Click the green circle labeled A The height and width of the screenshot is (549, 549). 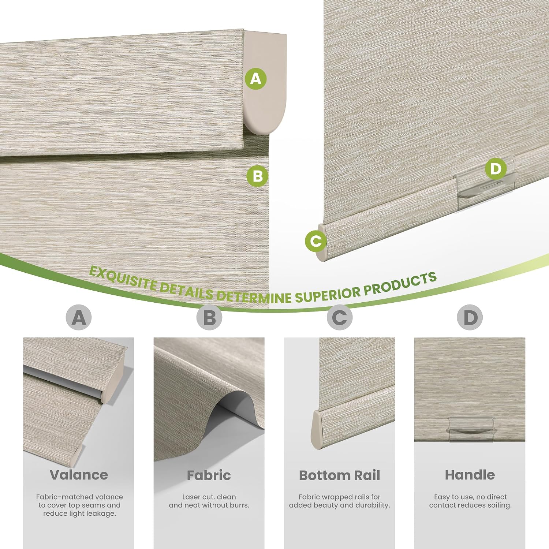pos(256,79)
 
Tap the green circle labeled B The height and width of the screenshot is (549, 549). pos(258,176)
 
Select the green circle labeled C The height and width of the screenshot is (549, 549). pos(316,241)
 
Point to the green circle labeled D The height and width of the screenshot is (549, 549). pos(496,169)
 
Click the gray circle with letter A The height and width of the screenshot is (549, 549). pos(79,317)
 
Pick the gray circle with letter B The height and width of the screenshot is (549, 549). pos(209,317)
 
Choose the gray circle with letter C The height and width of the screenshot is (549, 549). pos(340,317)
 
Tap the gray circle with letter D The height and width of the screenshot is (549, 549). pos(470,317)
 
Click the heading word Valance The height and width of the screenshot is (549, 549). pos(79,475)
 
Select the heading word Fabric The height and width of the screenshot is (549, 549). pos(209,475)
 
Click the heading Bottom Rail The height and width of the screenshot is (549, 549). pos(340,475)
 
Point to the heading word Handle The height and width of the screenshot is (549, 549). pos(470,475)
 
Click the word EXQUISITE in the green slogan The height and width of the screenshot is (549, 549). pos(124,279)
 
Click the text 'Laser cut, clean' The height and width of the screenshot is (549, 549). pos(209,497)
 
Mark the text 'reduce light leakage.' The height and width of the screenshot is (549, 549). pos(79,514)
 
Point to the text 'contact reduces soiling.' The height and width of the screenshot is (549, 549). pos(470,505)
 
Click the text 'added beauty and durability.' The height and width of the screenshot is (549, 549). pos(340,505)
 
